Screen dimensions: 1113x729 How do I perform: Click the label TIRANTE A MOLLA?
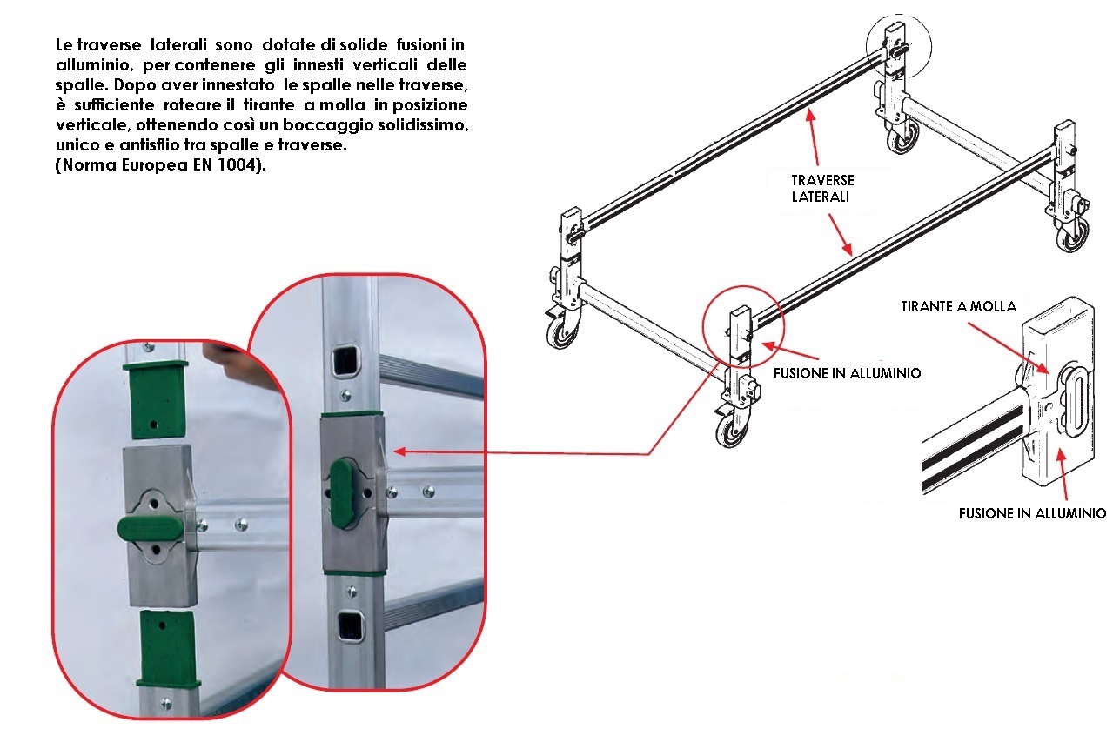click(x=958, y=306)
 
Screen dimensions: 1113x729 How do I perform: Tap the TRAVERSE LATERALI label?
click(x=822, y=188)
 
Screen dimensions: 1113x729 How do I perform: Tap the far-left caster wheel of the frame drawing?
click(x=561, y=332)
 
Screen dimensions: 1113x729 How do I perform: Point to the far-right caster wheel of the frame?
click(x=1073, y=234)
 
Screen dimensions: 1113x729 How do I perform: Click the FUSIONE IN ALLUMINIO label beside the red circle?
click(x=848, y=373)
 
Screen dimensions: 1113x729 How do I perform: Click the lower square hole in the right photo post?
click(x=351, y=626)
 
